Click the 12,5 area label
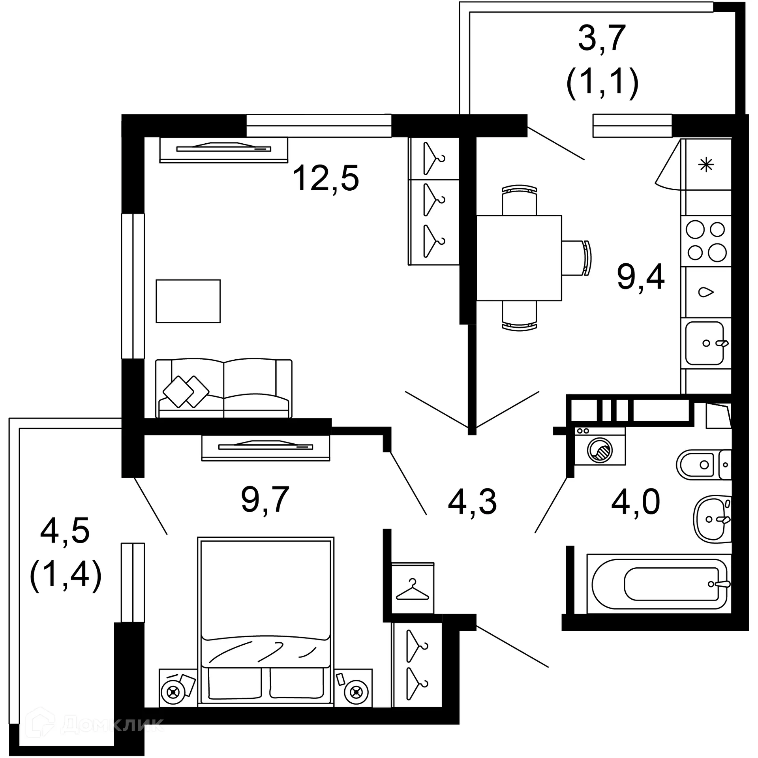(326, 178)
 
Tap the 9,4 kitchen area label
(641, 278)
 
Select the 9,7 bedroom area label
(265, 500)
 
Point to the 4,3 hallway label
(472, 502)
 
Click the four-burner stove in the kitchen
(706, 241)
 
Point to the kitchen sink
(705, 343)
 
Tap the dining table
(519, 258)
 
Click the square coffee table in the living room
(188, 301)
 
